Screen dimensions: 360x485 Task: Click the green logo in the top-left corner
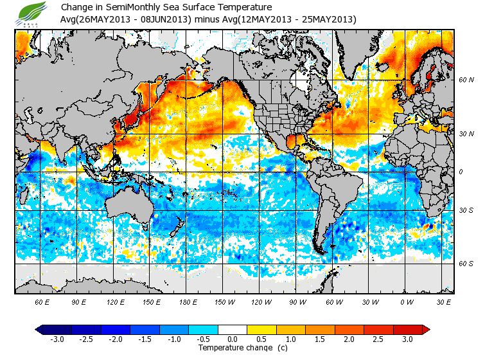coord(31,14)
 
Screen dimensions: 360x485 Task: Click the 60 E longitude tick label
coord(42,301)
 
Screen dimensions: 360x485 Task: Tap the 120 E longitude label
coord(116,301)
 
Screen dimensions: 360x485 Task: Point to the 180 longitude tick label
coord(189,301)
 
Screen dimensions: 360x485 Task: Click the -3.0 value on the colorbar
coord(57,339)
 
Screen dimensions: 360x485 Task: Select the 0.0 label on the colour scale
coord(233,339)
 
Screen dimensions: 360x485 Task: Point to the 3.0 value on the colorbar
coord(407,339)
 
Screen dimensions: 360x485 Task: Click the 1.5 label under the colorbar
coord(320,339)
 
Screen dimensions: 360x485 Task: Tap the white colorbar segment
coord(233,330)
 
